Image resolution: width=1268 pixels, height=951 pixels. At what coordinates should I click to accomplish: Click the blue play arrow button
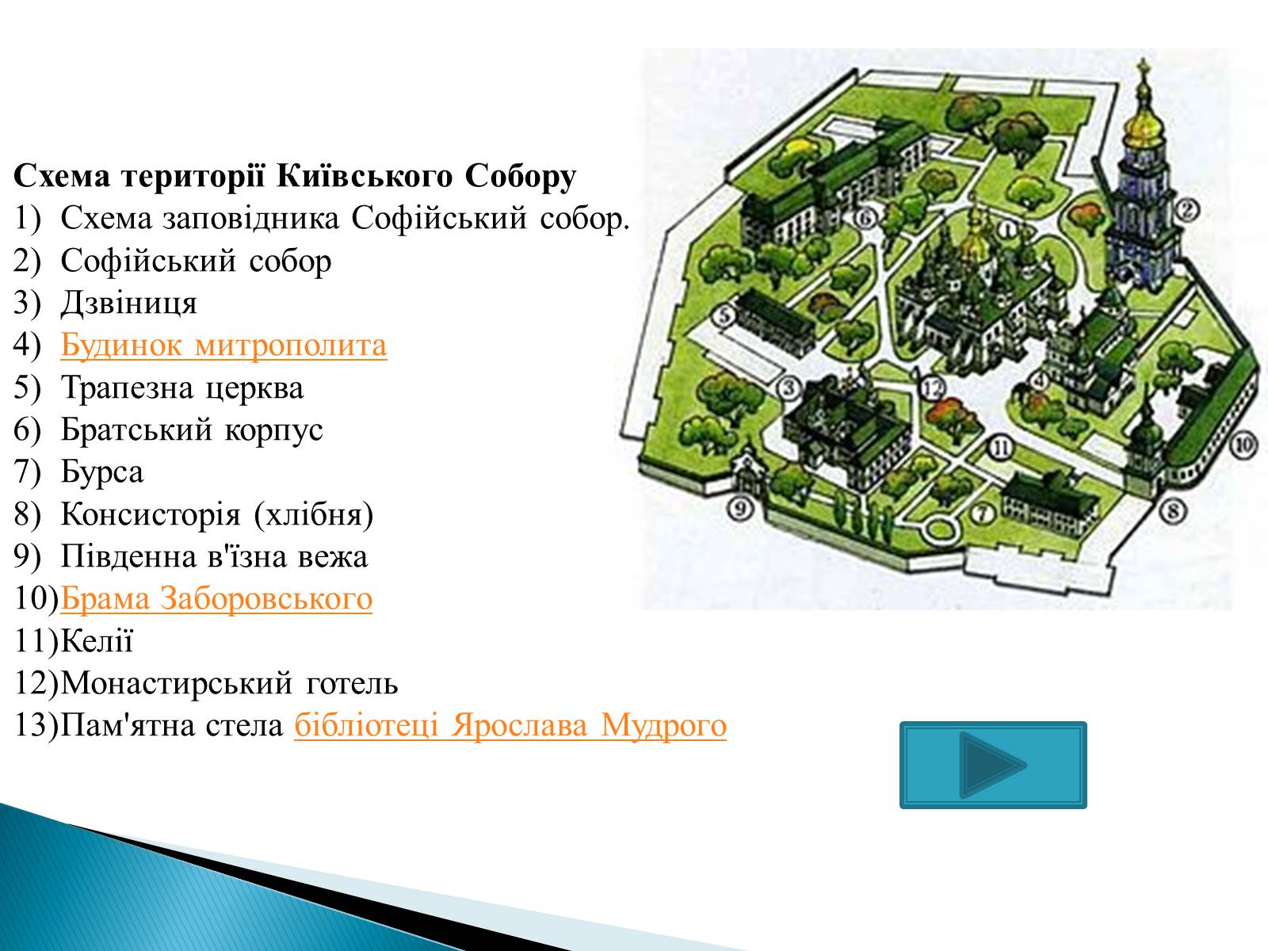(x=992, y=765)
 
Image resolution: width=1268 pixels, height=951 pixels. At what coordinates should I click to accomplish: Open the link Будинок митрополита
(x=223, y=346)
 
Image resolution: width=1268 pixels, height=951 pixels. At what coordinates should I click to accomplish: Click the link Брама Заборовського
(x=216, y=598)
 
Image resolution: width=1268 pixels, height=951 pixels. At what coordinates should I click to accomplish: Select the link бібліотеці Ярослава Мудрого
(x=510, y=726)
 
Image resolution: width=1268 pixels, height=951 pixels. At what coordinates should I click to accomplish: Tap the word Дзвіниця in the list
(x=129, y=304)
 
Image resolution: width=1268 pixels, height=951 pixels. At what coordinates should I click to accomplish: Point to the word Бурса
(x=102, y=472)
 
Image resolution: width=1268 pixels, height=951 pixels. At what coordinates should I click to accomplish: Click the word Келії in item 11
(x=97, y=640)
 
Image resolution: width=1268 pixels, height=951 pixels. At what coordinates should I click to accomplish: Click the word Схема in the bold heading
(x=62, y=176)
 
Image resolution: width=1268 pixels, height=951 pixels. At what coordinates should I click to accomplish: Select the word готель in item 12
(x=352, y=683)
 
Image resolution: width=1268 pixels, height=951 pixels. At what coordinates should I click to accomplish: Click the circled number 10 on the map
(x=1243, y=445)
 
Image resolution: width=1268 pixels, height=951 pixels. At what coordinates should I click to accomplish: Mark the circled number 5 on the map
(x=726, y=316)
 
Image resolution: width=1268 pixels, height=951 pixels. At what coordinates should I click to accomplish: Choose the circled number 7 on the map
(x=982, y=513)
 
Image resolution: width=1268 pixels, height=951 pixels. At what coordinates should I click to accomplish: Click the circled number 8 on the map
(x=1173, y=512)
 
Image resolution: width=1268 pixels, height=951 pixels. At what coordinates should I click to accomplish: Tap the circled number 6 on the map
(x=865, y=218)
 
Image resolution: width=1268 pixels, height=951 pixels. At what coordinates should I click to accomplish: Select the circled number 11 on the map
(x=1000, y=448)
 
